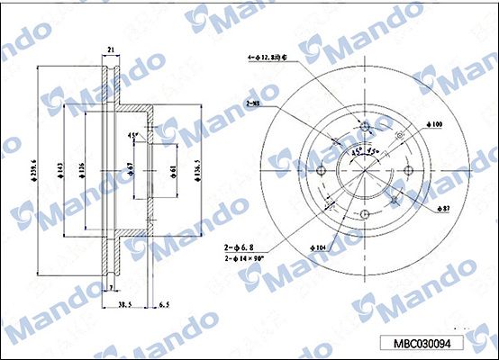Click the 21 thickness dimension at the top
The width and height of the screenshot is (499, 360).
click(110, 50)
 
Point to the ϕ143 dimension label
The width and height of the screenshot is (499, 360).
click(61, 167)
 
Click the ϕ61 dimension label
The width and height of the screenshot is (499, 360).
click(174, 168)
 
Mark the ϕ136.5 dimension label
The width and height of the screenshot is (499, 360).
click(197, 167)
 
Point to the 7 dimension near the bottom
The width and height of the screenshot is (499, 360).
click(110, 288)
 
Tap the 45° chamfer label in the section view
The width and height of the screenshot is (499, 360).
click(132, 136)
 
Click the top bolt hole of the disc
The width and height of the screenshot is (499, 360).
click(365, 126)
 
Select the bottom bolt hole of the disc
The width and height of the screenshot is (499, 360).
click(365, 213)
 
